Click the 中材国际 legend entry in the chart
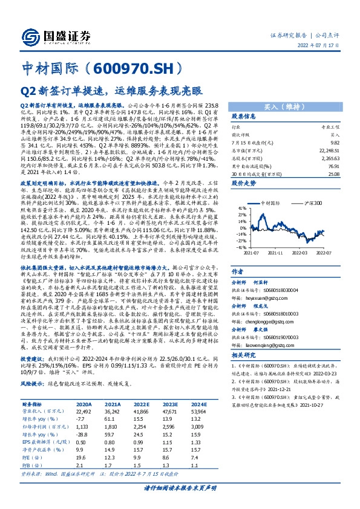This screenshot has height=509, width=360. (x=270, y=205)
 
